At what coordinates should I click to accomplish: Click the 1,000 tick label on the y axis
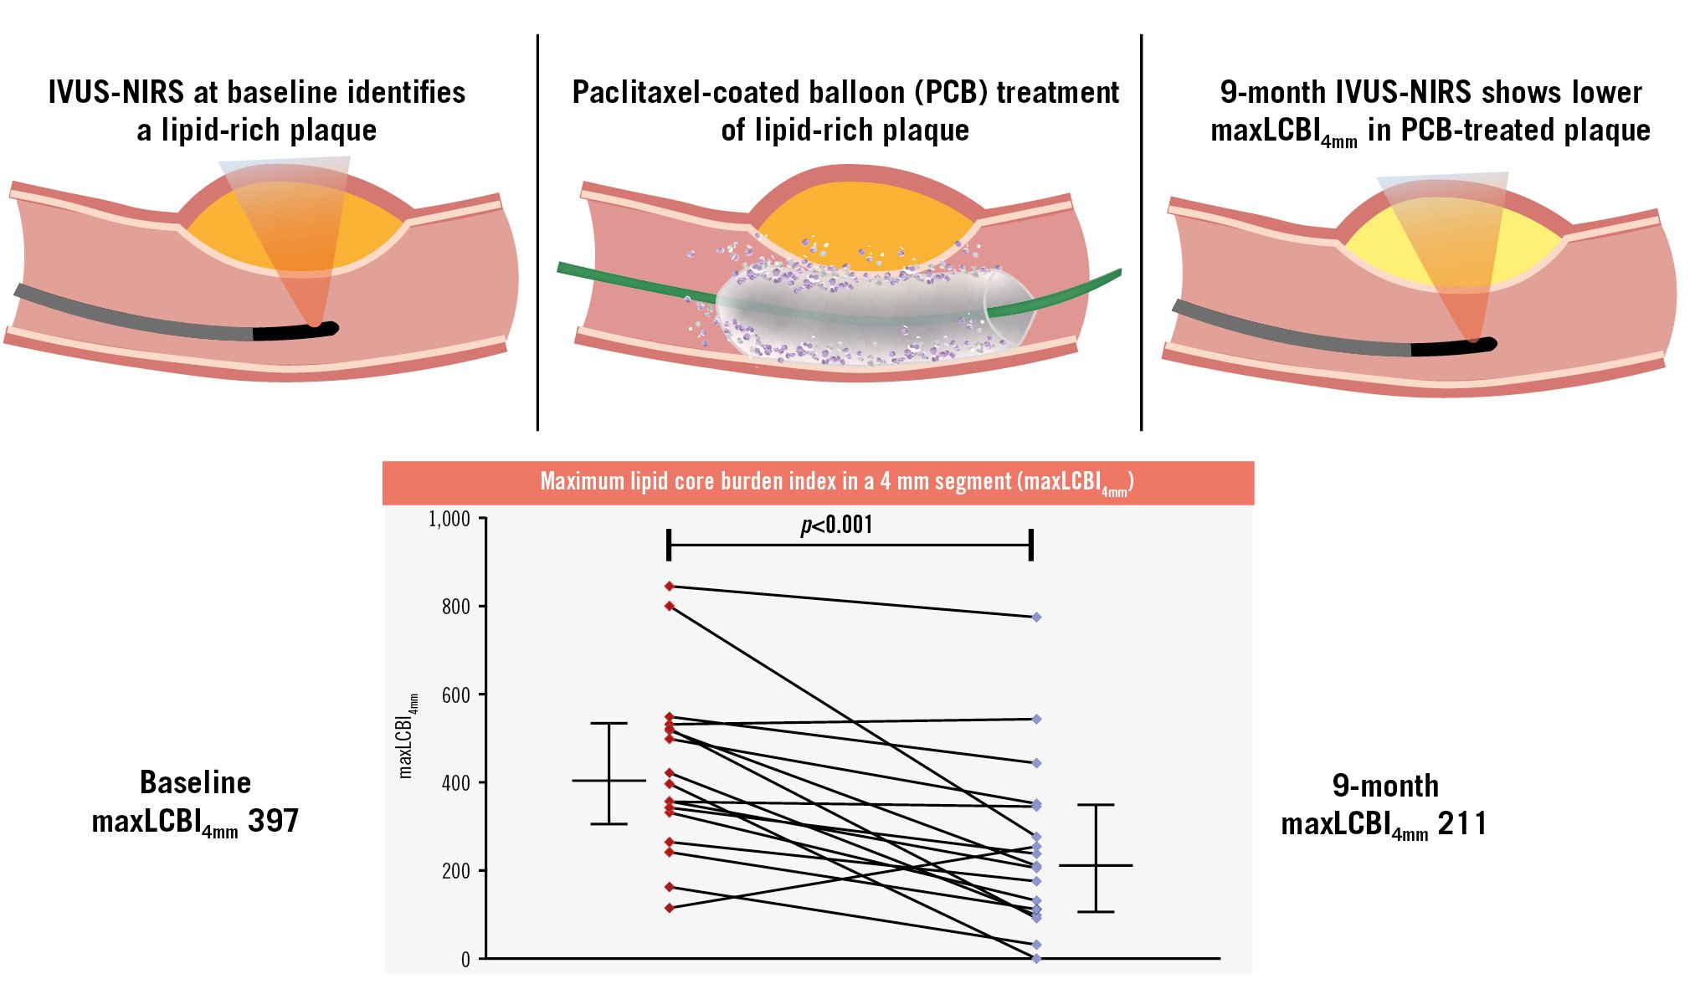coord(449,520)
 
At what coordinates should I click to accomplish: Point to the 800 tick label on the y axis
coord(456,607)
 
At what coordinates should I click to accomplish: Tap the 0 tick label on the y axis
coord(465,960)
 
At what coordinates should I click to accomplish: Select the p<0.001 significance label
coord(836,525)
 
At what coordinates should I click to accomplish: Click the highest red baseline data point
coord(669,587)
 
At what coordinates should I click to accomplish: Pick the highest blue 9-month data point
coord(1036,618)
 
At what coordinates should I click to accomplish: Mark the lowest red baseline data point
coord(669,908)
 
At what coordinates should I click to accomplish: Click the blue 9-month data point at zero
coord(1036,959)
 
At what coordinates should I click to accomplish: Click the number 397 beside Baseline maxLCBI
coord(273,821)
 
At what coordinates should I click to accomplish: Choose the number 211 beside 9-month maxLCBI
coord(1462,824)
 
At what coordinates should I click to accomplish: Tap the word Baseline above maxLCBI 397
coord(195,782)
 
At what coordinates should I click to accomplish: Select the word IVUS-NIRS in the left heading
coord(116,92)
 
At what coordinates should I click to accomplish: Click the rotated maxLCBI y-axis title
coord(407,736)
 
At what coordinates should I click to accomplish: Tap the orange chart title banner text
coord(836,482)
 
